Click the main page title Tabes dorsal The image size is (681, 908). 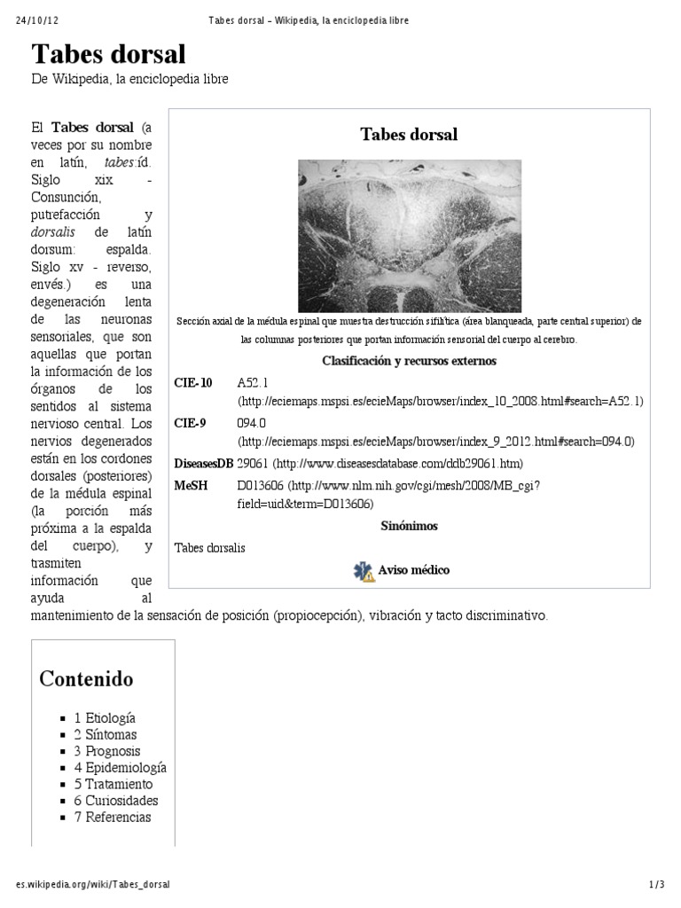(109, 54)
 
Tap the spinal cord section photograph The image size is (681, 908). (409, 235)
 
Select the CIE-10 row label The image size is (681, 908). (194, 383)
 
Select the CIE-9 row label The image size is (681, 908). (191, 423)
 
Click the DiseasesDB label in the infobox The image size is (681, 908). (204, 463)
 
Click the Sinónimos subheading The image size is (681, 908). (409, 526)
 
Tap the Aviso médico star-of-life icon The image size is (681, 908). (364, 570)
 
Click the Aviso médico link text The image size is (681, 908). (414, 569)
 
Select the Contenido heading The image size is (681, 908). (86, 679)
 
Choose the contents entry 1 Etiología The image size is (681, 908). (105, 718)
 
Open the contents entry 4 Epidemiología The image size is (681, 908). (120, 768)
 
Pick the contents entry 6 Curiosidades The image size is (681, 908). (116, 801)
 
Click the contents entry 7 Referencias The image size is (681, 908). (113, 818)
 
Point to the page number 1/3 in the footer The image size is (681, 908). (657, 885)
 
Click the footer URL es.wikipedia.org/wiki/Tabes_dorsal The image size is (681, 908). (93, 885)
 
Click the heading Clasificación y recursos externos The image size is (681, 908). (409, 361)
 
